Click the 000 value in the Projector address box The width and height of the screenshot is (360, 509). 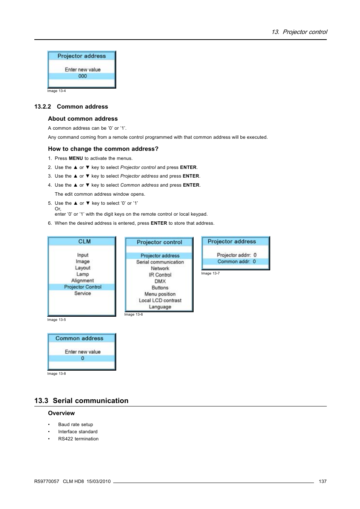(x=83, y=76)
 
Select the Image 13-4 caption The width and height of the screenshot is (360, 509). (x=57, y=91)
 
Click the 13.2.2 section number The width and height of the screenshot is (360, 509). (x=43, y=107)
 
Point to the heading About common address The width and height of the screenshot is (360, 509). (x=83, y=119)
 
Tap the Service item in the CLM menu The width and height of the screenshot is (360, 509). (x=83, y=293)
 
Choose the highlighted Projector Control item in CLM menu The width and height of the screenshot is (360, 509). (x=83, y=287)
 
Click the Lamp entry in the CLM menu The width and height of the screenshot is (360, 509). (x=83, y=274)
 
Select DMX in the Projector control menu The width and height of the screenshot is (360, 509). (x=160, y=281)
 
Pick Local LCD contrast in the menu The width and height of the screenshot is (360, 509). (x=160, y=300)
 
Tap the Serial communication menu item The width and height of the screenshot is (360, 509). (x=160, y=262)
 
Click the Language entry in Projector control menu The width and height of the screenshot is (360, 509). (x=160, y=307)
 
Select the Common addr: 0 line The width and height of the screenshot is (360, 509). (x=236, y=261)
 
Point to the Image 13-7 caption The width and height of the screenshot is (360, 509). (x=210, y=273)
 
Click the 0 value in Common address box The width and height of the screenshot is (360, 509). (x=83, y=358)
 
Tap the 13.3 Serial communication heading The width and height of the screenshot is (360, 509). (x=81, y=401)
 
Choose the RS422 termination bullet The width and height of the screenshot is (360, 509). (x=78, y=439)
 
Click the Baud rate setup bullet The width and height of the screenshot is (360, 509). (x=75, y=425)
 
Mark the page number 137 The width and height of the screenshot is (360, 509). (x=323, y=481)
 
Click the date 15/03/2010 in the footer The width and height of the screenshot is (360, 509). (x=98, y=481)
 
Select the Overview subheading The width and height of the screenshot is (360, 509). (x=61, y=413)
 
